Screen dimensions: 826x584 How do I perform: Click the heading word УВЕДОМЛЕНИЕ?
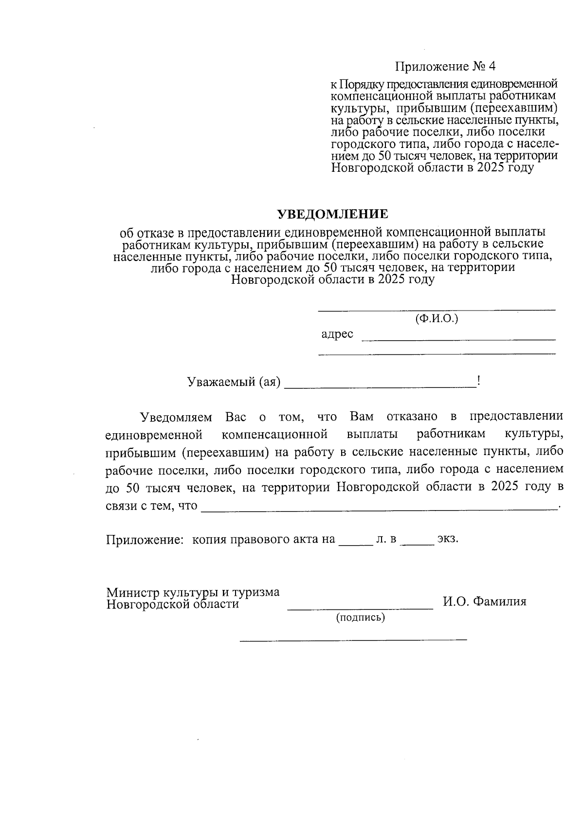[x=332, y=214]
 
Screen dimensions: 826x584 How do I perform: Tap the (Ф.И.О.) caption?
[x=437, y=319]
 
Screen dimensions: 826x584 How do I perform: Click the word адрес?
[x=337, y=334]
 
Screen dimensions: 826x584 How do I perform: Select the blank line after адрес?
[x=458, y=339]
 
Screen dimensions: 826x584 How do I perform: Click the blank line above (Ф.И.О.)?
[x=437, y=310]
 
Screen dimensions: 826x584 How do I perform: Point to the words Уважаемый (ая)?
[x=234, y=382]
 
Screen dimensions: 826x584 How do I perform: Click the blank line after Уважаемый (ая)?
[x=380, y=387]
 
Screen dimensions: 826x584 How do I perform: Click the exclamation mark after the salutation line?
[x=479, y=381]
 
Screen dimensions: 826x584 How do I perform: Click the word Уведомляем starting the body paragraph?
[x=176, y=417]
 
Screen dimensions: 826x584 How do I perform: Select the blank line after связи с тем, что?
[x=380, y=510]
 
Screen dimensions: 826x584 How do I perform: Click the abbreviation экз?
[x=448, y=539]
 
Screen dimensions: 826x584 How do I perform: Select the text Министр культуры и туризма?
[x=193, y=592]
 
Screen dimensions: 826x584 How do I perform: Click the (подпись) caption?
[x=360, y=618]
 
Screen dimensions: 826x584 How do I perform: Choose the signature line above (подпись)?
[x=360, y=608]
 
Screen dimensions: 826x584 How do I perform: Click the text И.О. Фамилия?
[x=484, y=602]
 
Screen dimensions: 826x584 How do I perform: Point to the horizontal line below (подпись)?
[x=353, y=638]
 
